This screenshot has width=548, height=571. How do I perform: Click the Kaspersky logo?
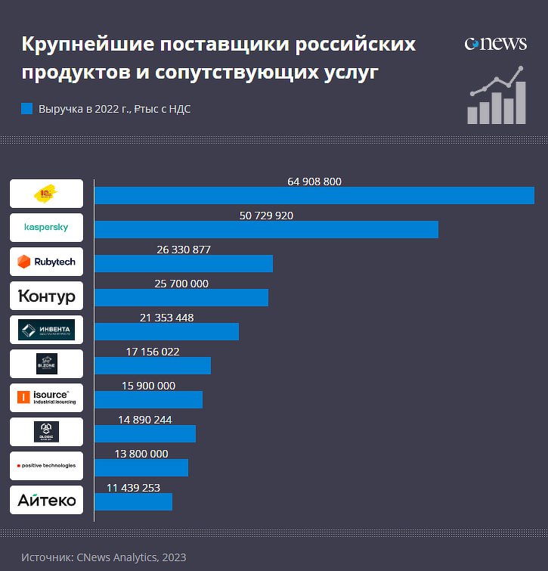pyautogui.click(x=46, y=228)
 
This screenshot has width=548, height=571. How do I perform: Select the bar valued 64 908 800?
pyautogui.click(x=314, y=195)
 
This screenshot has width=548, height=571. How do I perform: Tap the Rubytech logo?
pyautogui.click(x=46, y=262)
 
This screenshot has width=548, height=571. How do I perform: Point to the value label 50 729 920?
pyautogui.click(x=266, y=216)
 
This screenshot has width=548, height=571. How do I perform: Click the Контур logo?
pyautogui.click(x=46, y=296)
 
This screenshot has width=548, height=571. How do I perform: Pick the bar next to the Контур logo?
pyautogui.click(x=181, y=297)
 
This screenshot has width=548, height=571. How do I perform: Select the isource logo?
pyautogui.click(x=46, y=398)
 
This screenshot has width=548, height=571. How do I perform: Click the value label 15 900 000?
pyautogui.click(x=148, y=386)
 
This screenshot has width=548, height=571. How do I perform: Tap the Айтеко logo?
pyautogui.click(x=46, y=500)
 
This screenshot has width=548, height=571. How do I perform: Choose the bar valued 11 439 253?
pyautogui.click(x=133, y=501)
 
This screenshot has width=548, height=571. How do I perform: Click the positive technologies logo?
pyautogui.click(x=46, y=466)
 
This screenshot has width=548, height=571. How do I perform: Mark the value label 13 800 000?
pyautogui.click(x=141, y=454)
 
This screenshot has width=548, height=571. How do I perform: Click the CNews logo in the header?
pyautogui.click(x=495, y=43)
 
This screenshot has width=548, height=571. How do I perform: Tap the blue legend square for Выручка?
pyautogui.click(x=27, y=109)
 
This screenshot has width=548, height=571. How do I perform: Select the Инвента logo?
pyautogui.click(x=46, y=330)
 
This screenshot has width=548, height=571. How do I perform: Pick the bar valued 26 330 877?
pyautogui.click(x=183, y=263)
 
